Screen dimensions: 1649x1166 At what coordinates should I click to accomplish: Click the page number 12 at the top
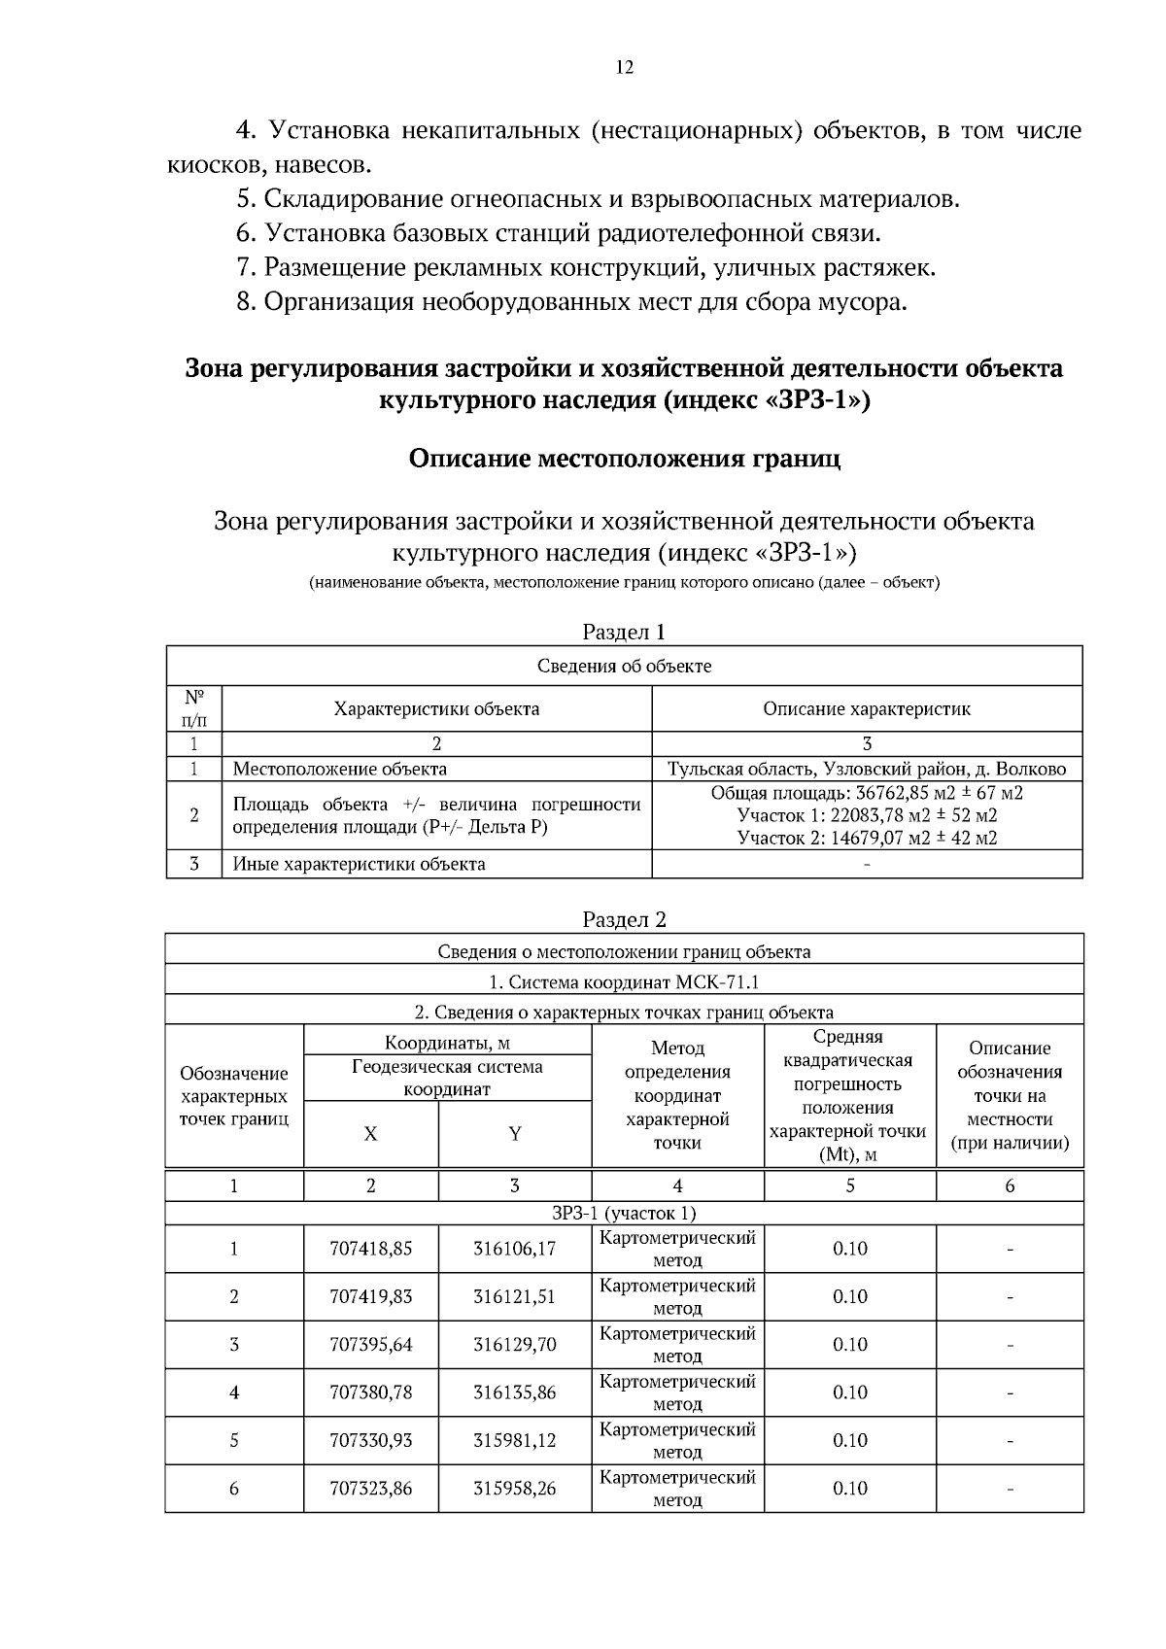(624, 67)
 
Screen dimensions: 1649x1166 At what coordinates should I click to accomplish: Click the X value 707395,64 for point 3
(371, 1344)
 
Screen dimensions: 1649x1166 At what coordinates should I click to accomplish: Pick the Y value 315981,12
(514, 1440)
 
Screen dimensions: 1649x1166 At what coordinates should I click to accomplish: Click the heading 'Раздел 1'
(624, 632)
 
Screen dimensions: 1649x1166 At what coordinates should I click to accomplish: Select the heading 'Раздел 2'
(624, 919)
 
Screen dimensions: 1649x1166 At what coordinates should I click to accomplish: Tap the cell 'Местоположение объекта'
(340, 769)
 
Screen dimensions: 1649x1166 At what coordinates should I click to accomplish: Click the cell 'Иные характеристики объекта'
(360, 863)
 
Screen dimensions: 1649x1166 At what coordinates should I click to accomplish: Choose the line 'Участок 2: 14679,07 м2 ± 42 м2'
(867, 838)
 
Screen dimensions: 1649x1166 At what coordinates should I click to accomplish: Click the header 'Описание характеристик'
(867, 708)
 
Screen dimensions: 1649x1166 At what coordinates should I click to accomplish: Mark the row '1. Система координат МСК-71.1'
(624, 981)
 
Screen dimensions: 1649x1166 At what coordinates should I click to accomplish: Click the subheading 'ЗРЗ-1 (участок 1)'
(624, 1213)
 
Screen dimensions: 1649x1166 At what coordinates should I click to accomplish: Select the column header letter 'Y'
(515, 1134)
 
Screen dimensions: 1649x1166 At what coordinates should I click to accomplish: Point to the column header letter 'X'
(370, 1134)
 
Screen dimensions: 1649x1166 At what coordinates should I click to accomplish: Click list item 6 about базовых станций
(559, 233)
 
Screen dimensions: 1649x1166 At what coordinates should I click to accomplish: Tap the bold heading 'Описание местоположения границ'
(624, 459)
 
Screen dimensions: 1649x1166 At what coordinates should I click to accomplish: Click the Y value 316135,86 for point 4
(514, 1392)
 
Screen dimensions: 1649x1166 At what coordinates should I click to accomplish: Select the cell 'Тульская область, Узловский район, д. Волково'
(867, 769)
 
